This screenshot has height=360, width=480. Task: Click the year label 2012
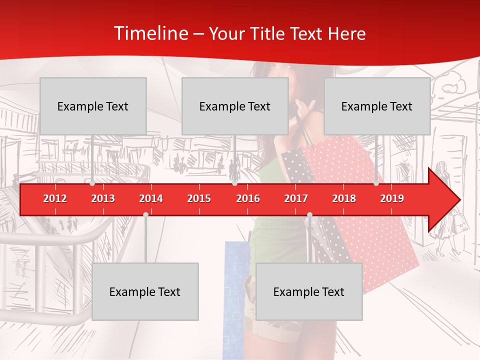click(55, 198)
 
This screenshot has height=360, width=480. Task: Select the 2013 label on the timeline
click(103, 198)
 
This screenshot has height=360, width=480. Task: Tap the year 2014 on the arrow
click(151, 198)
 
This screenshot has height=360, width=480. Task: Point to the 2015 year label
click(199, 198)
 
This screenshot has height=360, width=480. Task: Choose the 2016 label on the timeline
click(248, 198)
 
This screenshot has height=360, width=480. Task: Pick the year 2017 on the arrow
click(296, 198)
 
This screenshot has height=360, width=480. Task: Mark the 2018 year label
click(344, 198)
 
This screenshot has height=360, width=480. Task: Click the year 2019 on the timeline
click(392, 198)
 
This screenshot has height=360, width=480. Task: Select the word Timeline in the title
click(151, 33)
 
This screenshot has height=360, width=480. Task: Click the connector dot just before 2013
click(92, 183)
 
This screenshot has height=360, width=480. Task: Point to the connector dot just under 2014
click(145, 214)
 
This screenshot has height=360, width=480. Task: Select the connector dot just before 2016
click(234, 183)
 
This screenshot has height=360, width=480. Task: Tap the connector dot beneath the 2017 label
click(309, 214)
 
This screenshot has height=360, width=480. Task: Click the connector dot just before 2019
click(376, 183)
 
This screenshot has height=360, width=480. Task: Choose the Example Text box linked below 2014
click(145, 291)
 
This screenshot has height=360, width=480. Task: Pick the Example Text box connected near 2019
click(377, 106)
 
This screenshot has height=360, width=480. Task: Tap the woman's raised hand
click(305, 106)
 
